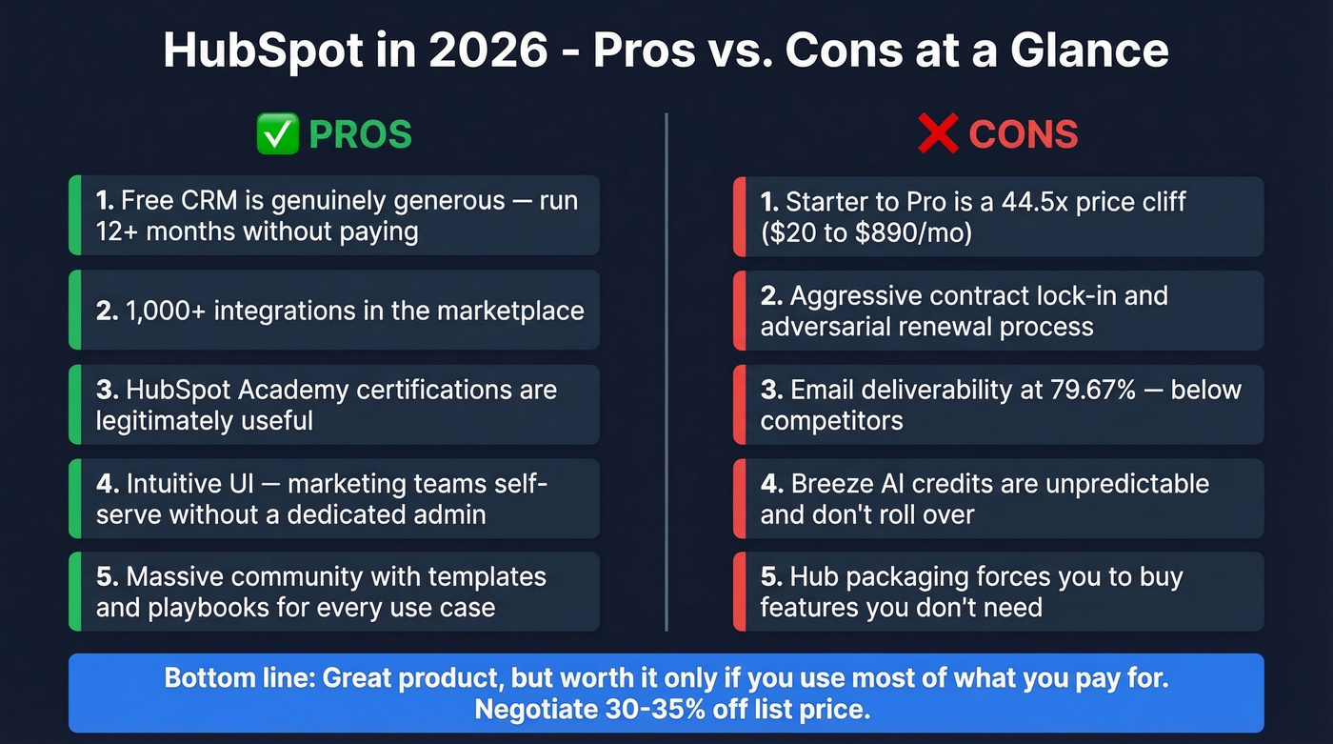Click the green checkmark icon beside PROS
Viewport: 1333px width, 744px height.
(278, 134)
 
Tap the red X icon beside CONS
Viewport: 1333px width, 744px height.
(938, 134)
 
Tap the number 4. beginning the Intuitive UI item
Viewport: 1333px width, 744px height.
(107, 484)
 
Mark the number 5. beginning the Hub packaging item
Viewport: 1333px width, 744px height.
(771, 577)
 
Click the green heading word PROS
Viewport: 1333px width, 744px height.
(360, 134)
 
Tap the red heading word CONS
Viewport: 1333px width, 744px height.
(1023, 134)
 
